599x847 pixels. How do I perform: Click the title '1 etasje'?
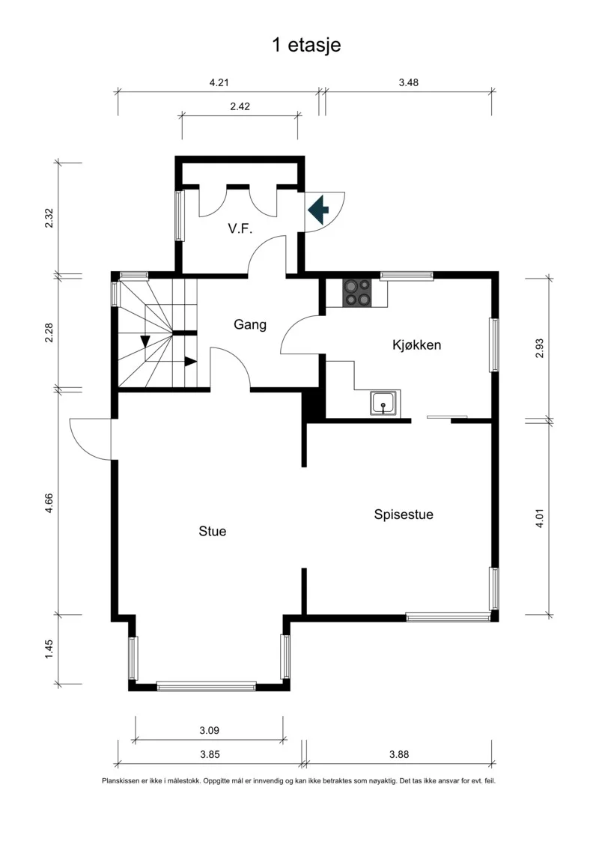pos(306,45)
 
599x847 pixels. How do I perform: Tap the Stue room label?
pos(212,532)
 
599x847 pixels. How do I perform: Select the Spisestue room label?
pos(404,514)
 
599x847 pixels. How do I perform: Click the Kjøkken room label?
pos(416,344)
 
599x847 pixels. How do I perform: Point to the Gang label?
pos(250,325)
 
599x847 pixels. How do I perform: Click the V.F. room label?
pos(240,228)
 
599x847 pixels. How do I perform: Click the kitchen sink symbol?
pos(385,403)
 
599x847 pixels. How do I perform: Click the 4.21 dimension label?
pos(219,82)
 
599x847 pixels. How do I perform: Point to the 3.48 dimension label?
pos(408,82)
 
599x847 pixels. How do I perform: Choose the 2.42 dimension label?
pos(240,106)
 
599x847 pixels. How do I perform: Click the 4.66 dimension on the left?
pos(49,503)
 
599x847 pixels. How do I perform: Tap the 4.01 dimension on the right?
pos(540,518)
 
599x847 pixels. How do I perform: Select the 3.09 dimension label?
pos(209,730)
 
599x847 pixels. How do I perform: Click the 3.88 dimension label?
pos(399,755)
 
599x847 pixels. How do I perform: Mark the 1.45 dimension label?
pos(49,649)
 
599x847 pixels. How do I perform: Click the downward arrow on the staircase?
pos(145,341)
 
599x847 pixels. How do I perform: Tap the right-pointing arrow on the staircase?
pos(190,362)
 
